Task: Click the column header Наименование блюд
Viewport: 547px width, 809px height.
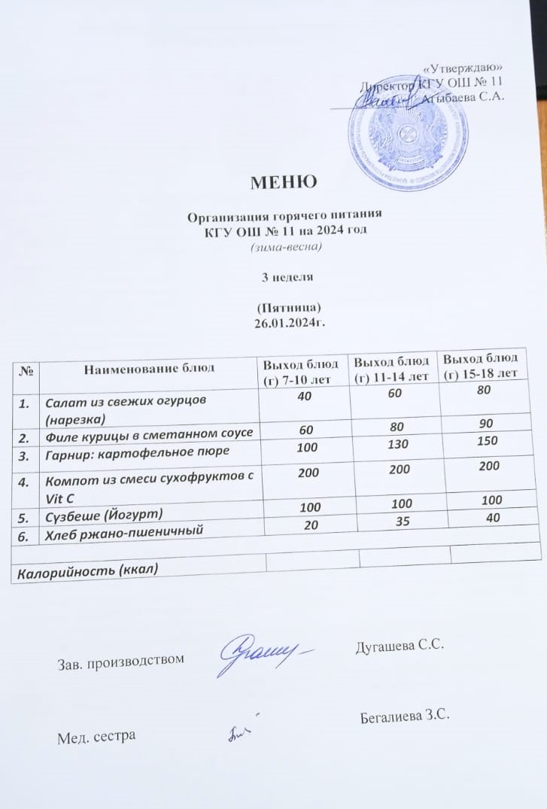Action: [149, 368]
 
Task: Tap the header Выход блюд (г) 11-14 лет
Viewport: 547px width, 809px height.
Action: [392, 368]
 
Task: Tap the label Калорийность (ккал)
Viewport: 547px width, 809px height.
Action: [88, 569]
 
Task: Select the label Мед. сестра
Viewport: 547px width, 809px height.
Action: [97, 735]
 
